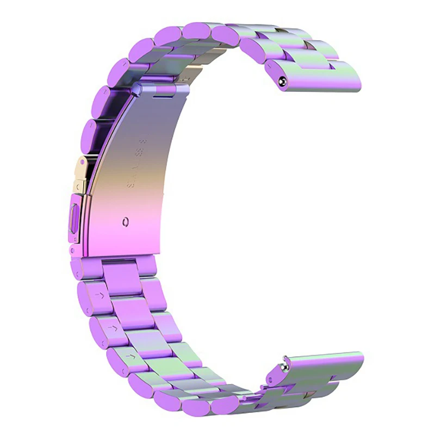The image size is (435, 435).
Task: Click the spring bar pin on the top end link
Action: point(282,81)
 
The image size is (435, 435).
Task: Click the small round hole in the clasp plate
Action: point(126,221)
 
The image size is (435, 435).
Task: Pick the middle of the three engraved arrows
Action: point(113,328)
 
